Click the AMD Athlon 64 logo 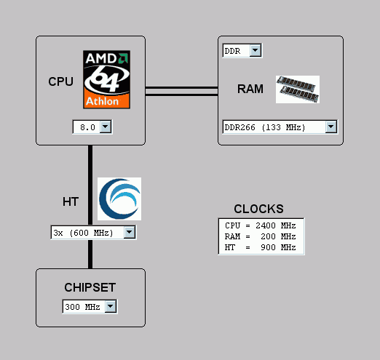pyautogui.click(x=106, y=79)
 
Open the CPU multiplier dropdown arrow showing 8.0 pyautogui.click(x=106, y=127)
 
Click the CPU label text pyautogui.click(x=60, y=81)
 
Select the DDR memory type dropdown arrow pyautogui.click(x=255, y=50)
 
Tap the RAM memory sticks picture pyautogui.click(x=298, y=89)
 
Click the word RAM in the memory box pyautogui.click(x=250, y=89)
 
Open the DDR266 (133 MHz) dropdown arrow pyautogui.click(x=331, y=127)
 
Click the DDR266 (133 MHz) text pyautogui.click(x=265, y=127)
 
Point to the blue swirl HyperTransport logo pyautogui.click(x=119, y=199)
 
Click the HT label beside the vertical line pyautogui.click(x=71, y=201)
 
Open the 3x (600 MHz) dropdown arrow pyautogui.click(x=130, y=232)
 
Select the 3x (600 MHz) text pyautogui.click(x=83, y=233)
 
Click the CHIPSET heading pyautogui.click(x=90, y=287)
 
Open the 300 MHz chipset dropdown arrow pyautogui.click(x=111, y=306)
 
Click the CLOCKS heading pyautogui.click(x=258, y=209)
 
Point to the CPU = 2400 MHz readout pyautogui.click(x=261, y=225)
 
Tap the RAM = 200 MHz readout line pyautogui.click(x=261, y=236)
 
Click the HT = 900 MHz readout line pyautogui.click(x=261, y=247)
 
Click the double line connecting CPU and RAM pyautogui.click(x=181, y=91)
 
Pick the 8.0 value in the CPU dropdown pyautogui.click(x=87, y=127)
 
